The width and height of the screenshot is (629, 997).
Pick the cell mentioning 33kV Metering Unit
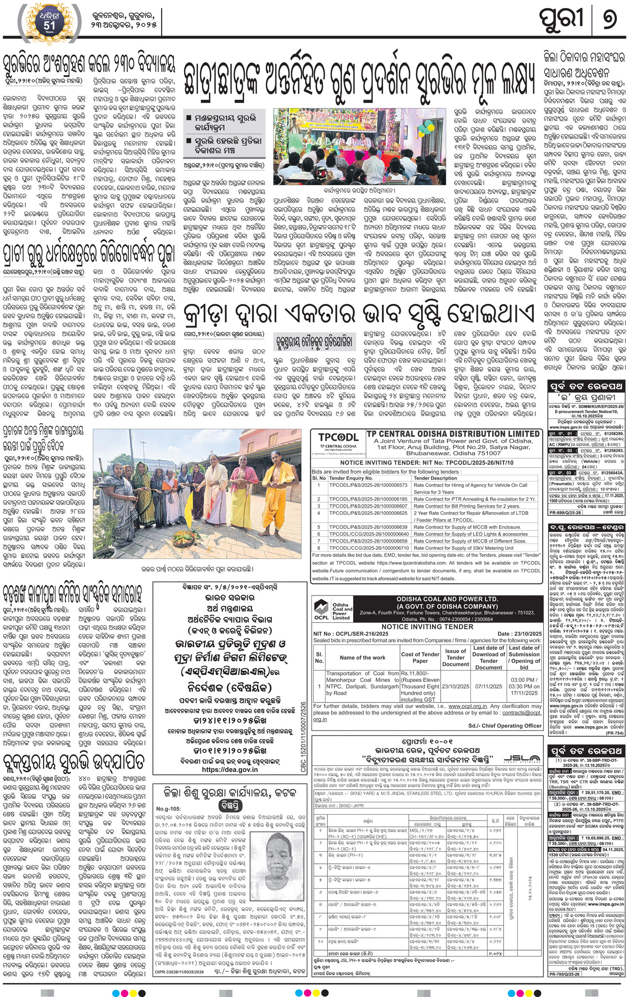[464, 548]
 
